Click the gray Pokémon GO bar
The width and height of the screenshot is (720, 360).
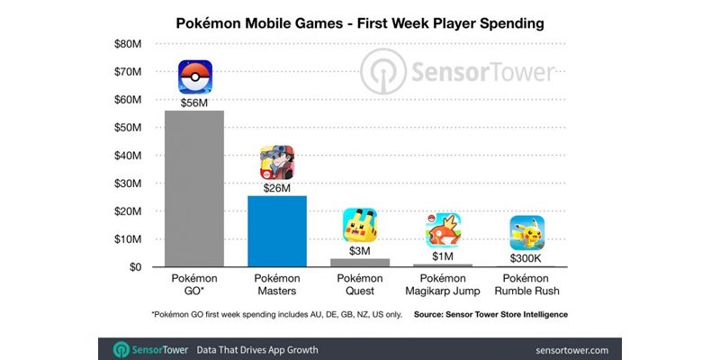click(193, 189)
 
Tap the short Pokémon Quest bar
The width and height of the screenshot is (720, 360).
click(359, 263)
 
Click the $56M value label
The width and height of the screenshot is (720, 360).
click(195, 103)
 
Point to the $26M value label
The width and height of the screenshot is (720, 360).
click(277, 188)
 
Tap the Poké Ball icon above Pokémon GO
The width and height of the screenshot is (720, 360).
click(195, 77)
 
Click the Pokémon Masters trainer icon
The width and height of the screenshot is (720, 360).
click(277, 163)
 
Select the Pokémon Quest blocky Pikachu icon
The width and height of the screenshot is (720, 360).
click(359, 225)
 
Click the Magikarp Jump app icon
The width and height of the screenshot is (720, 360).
click(443, 230)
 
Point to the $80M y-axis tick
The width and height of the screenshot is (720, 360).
click(127, 43)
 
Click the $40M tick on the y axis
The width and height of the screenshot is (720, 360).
click(127, 156)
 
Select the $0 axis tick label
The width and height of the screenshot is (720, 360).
click(134, 267)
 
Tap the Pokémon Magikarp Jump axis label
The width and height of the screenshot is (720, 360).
click(443, 285)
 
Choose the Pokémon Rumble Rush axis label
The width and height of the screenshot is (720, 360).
click(526, 285)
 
